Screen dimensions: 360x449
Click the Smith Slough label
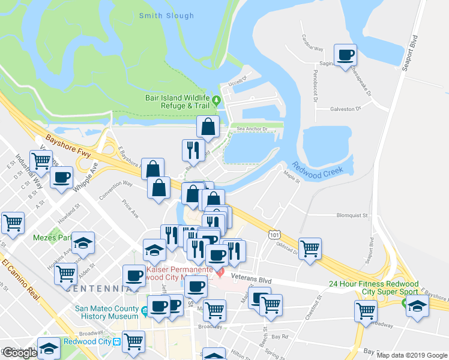tap(166, 16)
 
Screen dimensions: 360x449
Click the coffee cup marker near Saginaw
tap(345, 56)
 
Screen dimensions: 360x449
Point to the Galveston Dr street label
tap(345, 109)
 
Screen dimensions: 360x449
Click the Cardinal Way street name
tap(312, 48)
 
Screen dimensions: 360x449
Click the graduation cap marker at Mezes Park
tap(83, 243)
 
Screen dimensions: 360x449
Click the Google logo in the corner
tap(19, 353)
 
